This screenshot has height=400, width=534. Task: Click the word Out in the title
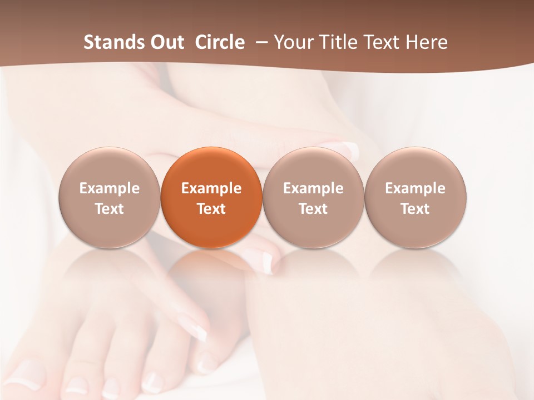click(166, 42)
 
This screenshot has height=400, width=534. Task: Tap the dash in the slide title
click(260, 43)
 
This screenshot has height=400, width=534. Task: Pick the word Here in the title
click(427, 42)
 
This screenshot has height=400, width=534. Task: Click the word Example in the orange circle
click(211, 188)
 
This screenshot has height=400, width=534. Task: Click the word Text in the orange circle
click(211, 209)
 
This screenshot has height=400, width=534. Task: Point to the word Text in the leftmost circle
click(110, 209)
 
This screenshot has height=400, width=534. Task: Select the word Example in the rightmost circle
click(415, 188)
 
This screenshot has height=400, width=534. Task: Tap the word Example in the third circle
click(313, 188)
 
